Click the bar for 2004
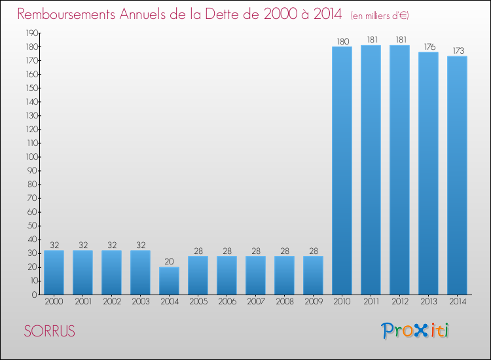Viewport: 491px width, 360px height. [x=169, y=281]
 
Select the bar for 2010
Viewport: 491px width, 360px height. [x=342, y=170]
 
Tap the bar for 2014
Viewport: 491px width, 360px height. [x=457, y=175]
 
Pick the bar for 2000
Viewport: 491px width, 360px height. [x=54, y=272]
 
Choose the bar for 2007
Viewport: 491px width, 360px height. [x=255, y=275]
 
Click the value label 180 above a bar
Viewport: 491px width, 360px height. [x=342, y=42]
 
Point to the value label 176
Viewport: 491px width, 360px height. [x=428, y=47]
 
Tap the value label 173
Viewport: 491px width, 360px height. [x=457, y=51]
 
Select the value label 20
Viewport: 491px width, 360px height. [x=169, y=262]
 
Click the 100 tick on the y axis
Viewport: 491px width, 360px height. [x=30, y=157]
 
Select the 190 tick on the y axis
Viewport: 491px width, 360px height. [x=30, y=33]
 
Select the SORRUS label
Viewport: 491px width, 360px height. [x=49, y=332]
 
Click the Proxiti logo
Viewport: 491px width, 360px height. [x=416, y=331]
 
